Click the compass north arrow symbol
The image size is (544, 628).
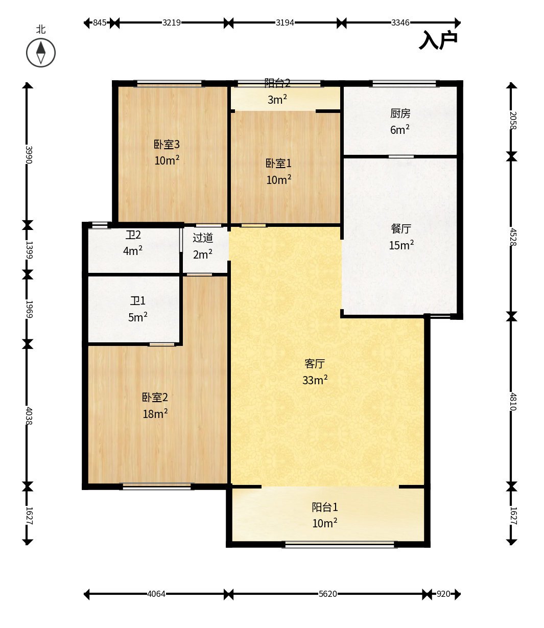[41, 53]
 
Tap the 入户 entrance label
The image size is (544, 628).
[438, 40]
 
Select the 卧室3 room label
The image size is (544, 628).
[167, 144]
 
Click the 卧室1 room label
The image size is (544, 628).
[278, 164]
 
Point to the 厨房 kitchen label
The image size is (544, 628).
[400, 113]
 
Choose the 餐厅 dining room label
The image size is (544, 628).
[401, 228]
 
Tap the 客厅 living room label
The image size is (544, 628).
[315, 363]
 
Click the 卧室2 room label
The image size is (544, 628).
[155, 397]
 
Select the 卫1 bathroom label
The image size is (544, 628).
[138, 301]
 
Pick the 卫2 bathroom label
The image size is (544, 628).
[133, 235]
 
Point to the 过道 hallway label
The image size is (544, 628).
[203, 238]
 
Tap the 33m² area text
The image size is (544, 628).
[315, 380]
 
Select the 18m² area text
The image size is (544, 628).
[155, 413]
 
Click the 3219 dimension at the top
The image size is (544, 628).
[172, 22]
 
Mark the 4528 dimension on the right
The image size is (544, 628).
[513, 237]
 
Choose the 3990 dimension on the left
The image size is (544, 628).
[29, 155]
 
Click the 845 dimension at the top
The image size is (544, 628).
[100, 22]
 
